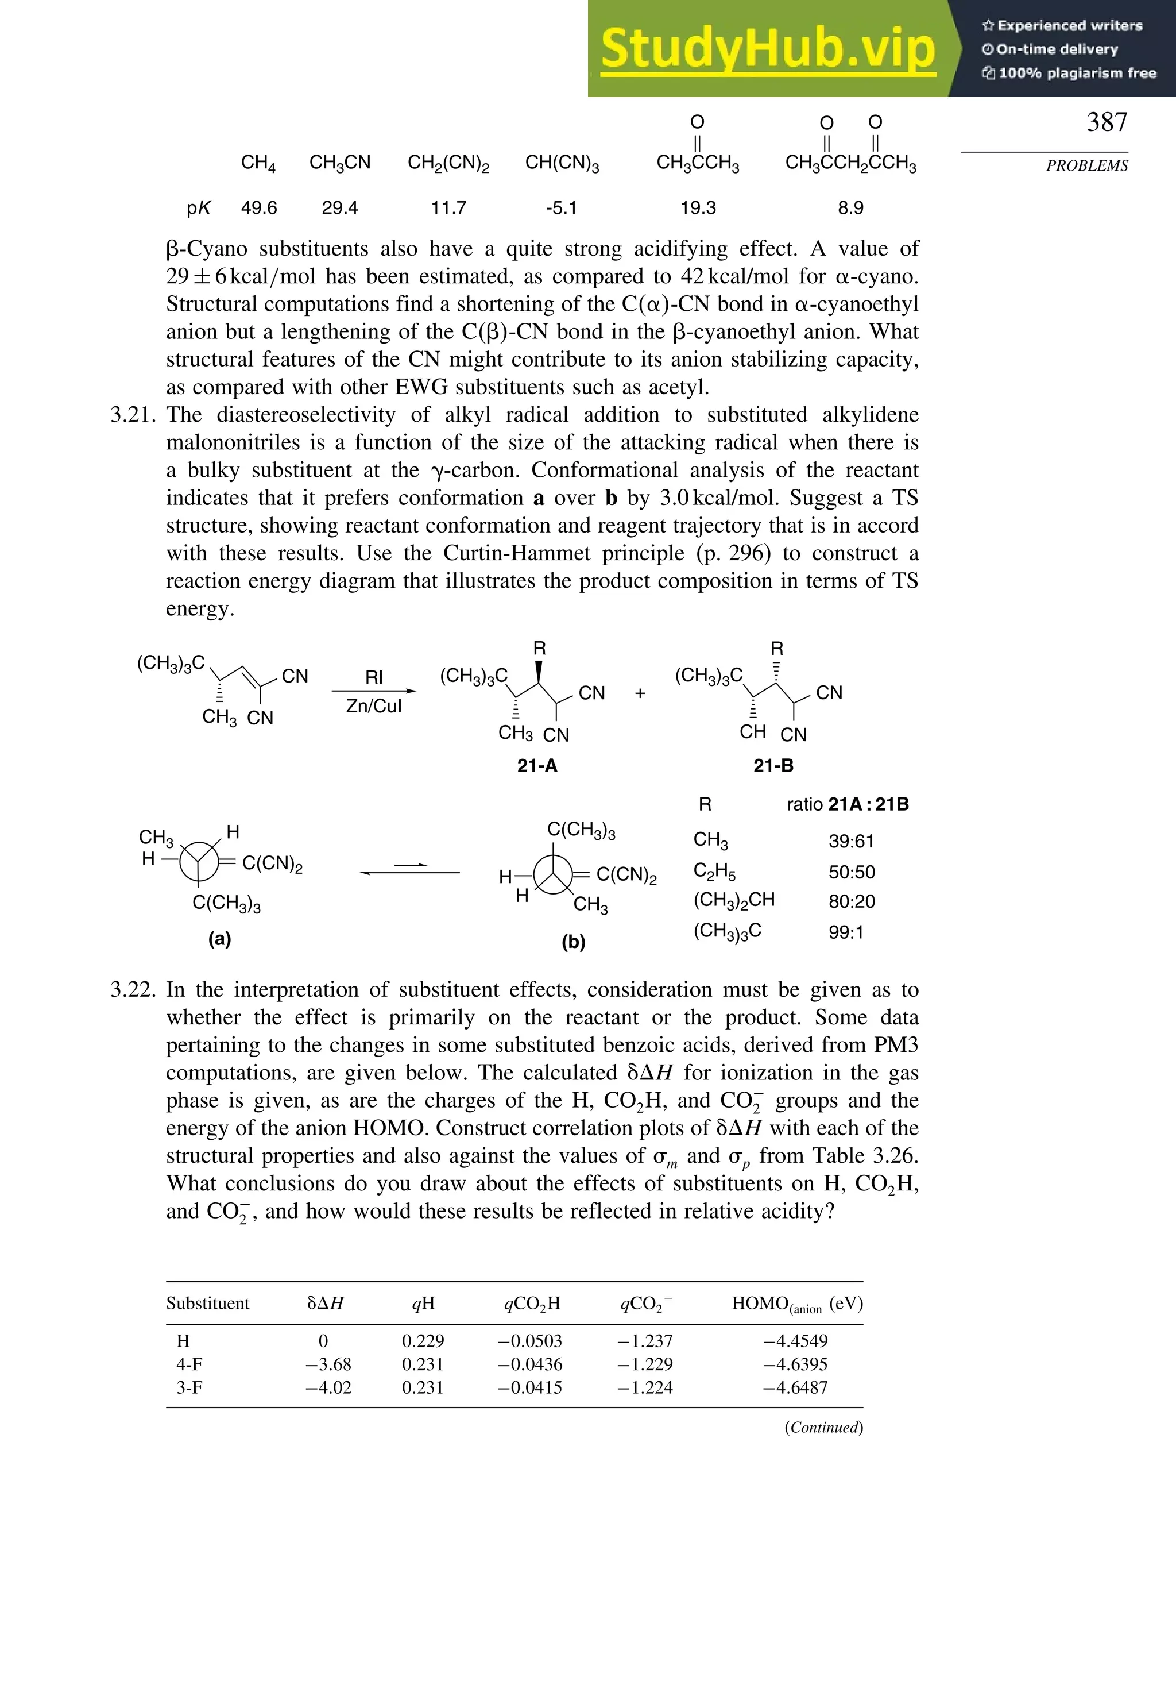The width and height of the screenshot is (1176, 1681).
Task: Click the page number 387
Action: coord(1106,122)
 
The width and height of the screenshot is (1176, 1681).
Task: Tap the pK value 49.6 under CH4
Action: coord(259,208)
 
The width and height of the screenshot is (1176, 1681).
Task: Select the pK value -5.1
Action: coord(561,208)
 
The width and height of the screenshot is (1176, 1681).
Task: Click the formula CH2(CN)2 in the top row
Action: coord(448,163)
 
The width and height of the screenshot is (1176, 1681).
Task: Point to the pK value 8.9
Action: coord(850,208)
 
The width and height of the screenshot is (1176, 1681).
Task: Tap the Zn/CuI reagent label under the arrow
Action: coord(373,706)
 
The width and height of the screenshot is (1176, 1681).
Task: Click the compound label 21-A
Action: coord(537,766)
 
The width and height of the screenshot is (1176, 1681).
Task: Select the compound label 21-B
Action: coord(773,766)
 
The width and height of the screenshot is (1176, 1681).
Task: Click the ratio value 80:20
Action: coord(851,901)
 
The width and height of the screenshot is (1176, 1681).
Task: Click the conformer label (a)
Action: coord(219,939)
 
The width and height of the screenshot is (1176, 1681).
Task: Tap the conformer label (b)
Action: coord(573,942)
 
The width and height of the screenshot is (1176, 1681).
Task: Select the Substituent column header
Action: coord(207,1303)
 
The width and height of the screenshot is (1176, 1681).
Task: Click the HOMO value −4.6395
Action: coord(795,1364)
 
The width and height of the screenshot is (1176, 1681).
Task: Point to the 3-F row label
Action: coord(189,1387)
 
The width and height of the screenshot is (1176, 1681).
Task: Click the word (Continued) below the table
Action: coord(823,1427)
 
